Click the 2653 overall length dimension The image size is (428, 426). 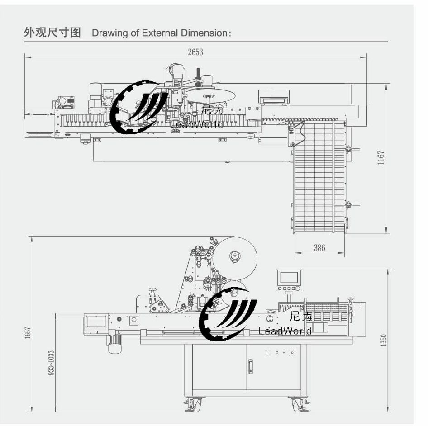click(x=195, y=52)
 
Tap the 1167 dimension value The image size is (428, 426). click(x=381, y=158)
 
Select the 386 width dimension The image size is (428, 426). click(x=319, y=248)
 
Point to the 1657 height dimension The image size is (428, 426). click(x=28, y=333)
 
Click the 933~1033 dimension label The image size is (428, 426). click(x=51, y=362)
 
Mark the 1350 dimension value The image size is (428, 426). click(x=384, y=340)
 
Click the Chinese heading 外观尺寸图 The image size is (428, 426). click(x=52, y=33)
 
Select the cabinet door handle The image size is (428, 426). click(x=250, y=366)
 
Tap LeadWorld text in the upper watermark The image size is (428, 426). click(x=197, y=124)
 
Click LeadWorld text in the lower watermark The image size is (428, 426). click(x=285, y=331)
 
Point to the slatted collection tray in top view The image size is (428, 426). click(x=319, y=176)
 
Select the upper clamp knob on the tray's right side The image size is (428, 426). click(x=349, y=149)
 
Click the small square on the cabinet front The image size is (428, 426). click(x=268, y=352)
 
